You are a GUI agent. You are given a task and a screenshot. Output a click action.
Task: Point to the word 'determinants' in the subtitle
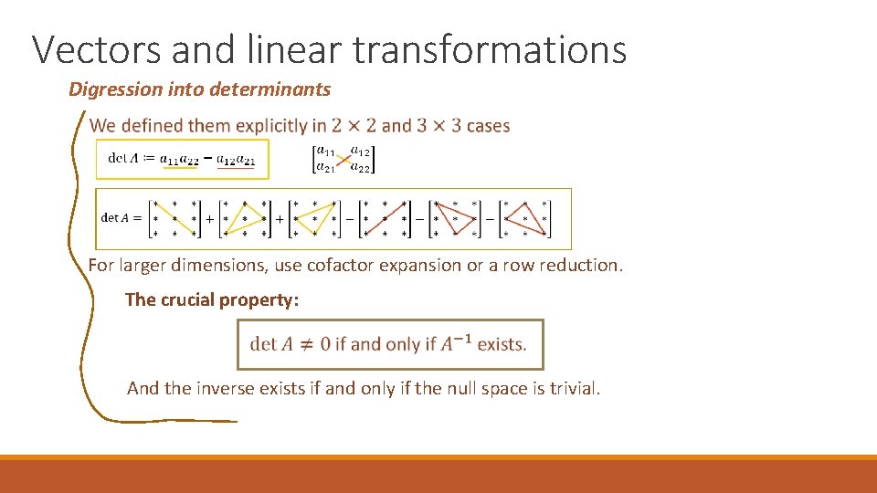click(x=270, y=89)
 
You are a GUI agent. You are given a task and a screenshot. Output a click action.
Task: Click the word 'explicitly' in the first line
click(x=271, y=126)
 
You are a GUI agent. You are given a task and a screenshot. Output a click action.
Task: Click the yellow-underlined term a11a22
click(x=179, y=159)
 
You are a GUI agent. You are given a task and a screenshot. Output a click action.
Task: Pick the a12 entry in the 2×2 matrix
click(x=360, y=152)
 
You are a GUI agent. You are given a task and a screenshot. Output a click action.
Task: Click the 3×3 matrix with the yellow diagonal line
click(x=174, y=219)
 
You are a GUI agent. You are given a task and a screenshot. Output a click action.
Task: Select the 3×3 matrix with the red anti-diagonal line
click(x=383, y=219)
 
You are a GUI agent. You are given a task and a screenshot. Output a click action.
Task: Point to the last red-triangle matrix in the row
click(x=525, y=219)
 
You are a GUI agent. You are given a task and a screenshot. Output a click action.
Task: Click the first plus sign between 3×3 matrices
click(x=210, y=220)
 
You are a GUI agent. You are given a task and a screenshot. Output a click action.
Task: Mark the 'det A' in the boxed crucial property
click(x=271, y=345)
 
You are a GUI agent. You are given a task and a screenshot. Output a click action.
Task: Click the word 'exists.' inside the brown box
click(x=502, y=345)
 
